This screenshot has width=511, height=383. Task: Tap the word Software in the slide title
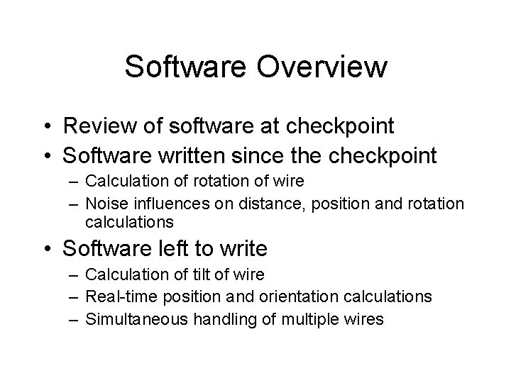[187, 67]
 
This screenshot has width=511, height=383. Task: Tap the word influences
[165, 204]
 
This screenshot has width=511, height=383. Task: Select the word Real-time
[118, 296]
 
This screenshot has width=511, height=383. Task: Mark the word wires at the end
[364, 318]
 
